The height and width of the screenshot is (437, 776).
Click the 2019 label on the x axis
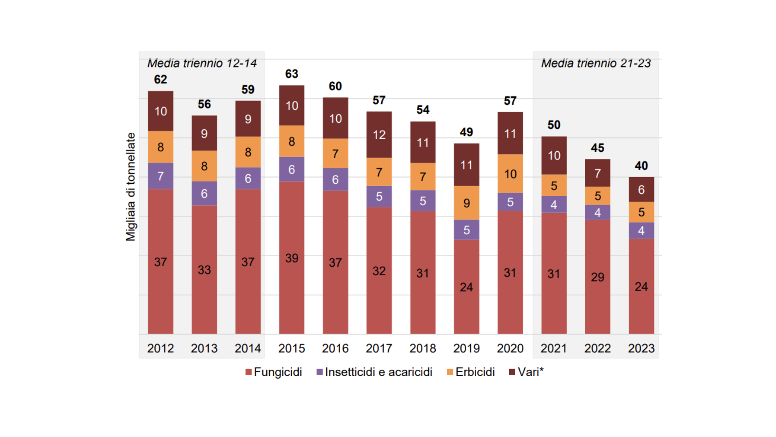point(466,348)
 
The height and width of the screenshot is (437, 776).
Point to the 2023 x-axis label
point(641,348)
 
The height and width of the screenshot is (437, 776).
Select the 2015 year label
point(291,348)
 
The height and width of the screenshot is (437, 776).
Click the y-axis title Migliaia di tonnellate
point(131,187)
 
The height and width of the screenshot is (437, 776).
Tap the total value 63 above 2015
point(291,74)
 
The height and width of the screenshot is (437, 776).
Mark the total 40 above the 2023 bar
point(641,166)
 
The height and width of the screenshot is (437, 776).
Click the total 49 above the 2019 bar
point(466,132)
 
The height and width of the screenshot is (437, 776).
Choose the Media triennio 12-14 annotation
point(202,64)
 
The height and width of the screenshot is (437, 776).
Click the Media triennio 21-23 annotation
point(596,64)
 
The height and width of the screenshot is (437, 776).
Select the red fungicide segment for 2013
point(204,269)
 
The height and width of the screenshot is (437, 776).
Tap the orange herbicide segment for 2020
point(510,174)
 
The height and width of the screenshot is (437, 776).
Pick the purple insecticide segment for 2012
point(160,176)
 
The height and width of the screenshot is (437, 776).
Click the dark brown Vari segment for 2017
point(379,135)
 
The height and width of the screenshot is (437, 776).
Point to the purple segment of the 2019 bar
point(466,230)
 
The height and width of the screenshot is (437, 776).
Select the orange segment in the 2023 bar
point(641,212)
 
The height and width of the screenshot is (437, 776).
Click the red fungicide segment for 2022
point(597,277)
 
